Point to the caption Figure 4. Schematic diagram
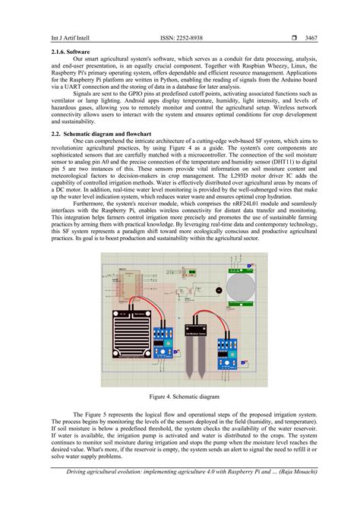tap(180, 396)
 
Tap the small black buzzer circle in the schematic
tap(219, 292)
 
